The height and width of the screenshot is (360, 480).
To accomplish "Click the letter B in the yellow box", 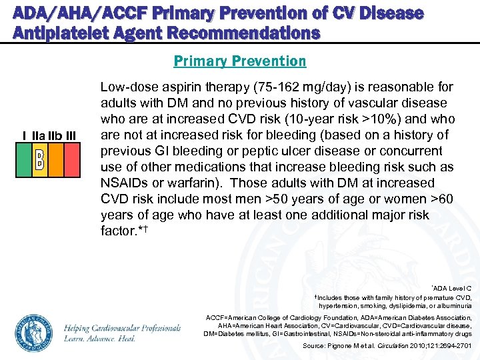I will (x=39, y=159).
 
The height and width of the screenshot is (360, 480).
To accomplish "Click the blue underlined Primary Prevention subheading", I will (x=240, y=61).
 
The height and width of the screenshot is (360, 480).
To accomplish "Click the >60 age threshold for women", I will (x=438, y=199).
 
